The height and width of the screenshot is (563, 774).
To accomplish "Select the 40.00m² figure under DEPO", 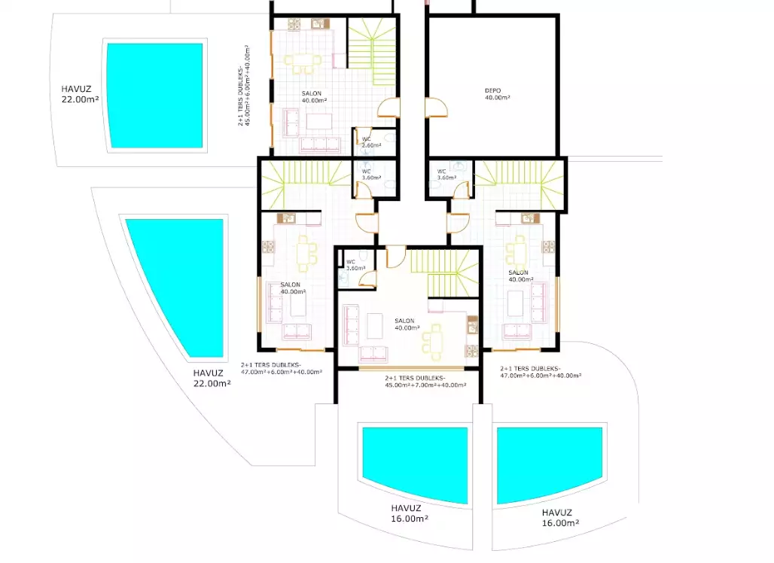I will [497, 98].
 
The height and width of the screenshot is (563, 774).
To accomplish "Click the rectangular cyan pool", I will [156, 95].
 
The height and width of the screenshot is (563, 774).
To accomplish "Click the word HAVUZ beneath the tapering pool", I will [209, 373].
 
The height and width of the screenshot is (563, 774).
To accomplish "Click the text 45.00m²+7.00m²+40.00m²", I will [426, 385].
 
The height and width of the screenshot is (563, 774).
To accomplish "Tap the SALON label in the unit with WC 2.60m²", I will [312, 93].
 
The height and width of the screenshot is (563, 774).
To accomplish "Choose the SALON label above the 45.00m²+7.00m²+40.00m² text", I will [405, 321].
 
